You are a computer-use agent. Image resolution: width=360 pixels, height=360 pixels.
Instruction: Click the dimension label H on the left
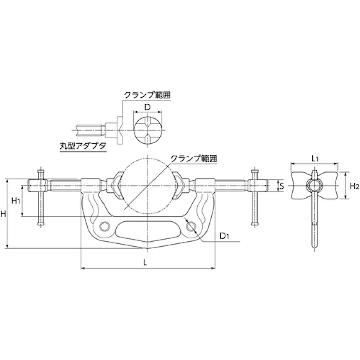click(4, 214)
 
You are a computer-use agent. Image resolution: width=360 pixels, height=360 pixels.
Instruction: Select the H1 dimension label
click(16, 201)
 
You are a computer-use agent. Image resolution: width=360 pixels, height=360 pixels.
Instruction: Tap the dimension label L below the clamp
click(145, 262)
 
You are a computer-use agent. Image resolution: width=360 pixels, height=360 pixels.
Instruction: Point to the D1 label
click(225, 236)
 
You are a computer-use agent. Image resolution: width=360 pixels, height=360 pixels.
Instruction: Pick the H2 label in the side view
click(354, 186)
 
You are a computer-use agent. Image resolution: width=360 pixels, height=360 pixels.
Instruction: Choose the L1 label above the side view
click(314, 158)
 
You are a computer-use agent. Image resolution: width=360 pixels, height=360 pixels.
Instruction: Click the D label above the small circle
click(147, 107)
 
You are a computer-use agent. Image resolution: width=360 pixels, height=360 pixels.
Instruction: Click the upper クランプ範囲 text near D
click(147, 94)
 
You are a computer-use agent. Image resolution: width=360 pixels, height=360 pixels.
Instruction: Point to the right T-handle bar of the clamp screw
click(254, 197)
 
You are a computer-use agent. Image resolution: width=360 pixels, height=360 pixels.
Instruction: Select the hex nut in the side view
click(314, 185)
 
